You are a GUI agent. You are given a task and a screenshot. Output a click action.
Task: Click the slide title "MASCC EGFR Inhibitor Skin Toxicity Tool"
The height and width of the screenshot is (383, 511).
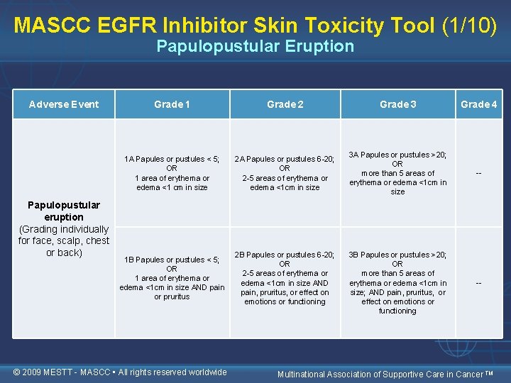224,25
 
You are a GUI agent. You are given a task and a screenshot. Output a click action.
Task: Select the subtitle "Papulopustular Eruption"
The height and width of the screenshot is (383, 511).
255,47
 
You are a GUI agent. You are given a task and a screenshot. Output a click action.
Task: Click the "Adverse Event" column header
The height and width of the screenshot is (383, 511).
64,104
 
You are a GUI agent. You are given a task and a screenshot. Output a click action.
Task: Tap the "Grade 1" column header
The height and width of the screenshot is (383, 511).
172,104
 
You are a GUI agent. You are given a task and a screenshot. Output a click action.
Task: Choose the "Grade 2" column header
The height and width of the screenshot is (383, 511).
285,104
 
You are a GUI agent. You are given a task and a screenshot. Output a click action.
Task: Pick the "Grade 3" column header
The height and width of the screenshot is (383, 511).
397,104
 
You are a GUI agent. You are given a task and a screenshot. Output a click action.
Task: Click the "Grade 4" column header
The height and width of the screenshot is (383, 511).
478,104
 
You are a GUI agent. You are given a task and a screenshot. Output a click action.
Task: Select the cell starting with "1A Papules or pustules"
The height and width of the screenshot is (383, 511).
172,173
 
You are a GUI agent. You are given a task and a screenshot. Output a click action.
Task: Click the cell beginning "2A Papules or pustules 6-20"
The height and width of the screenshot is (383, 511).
285,173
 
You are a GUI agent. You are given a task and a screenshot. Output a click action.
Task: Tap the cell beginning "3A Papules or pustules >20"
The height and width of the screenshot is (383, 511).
397,173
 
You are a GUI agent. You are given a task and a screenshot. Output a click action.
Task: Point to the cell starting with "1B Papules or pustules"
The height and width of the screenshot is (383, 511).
172,278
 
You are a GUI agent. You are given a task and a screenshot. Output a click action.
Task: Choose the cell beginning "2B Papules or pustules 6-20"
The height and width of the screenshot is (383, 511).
285,278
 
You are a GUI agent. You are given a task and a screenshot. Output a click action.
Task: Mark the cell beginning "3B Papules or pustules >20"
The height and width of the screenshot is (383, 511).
397,282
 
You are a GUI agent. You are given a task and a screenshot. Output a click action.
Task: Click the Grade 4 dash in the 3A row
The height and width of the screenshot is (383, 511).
478,173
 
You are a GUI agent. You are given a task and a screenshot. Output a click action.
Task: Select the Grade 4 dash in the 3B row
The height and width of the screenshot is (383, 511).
478,282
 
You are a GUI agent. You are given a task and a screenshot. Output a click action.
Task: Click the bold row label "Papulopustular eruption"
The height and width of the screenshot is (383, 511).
64,211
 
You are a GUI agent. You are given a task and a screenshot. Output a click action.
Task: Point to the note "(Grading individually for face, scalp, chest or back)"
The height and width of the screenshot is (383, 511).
64,241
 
